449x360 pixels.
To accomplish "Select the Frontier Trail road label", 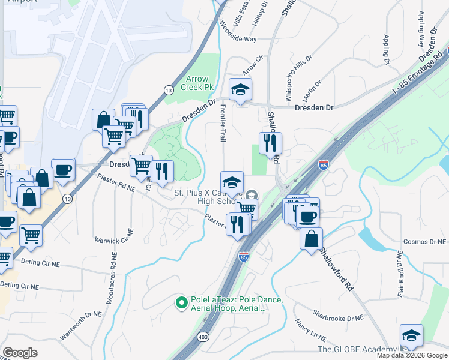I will point(223,124).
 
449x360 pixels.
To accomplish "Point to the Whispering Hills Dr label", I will point(298,77).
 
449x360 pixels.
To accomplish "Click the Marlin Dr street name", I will point(313,91).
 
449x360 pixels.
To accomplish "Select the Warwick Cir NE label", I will point(112,240).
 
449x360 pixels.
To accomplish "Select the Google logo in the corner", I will point(20,353).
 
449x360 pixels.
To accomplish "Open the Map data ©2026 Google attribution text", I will point(412,355).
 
